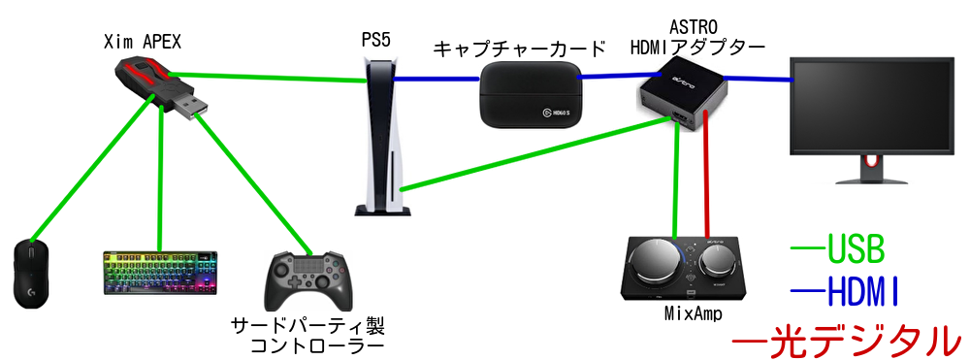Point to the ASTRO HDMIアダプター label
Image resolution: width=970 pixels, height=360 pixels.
click(x=697, y=38)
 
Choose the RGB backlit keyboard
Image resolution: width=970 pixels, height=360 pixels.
click(x=161, y=274)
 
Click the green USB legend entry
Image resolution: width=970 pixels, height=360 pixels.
click(x=838, y=250)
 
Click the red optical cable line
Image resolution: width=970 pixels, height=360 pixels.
click(x=708, y=175)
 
